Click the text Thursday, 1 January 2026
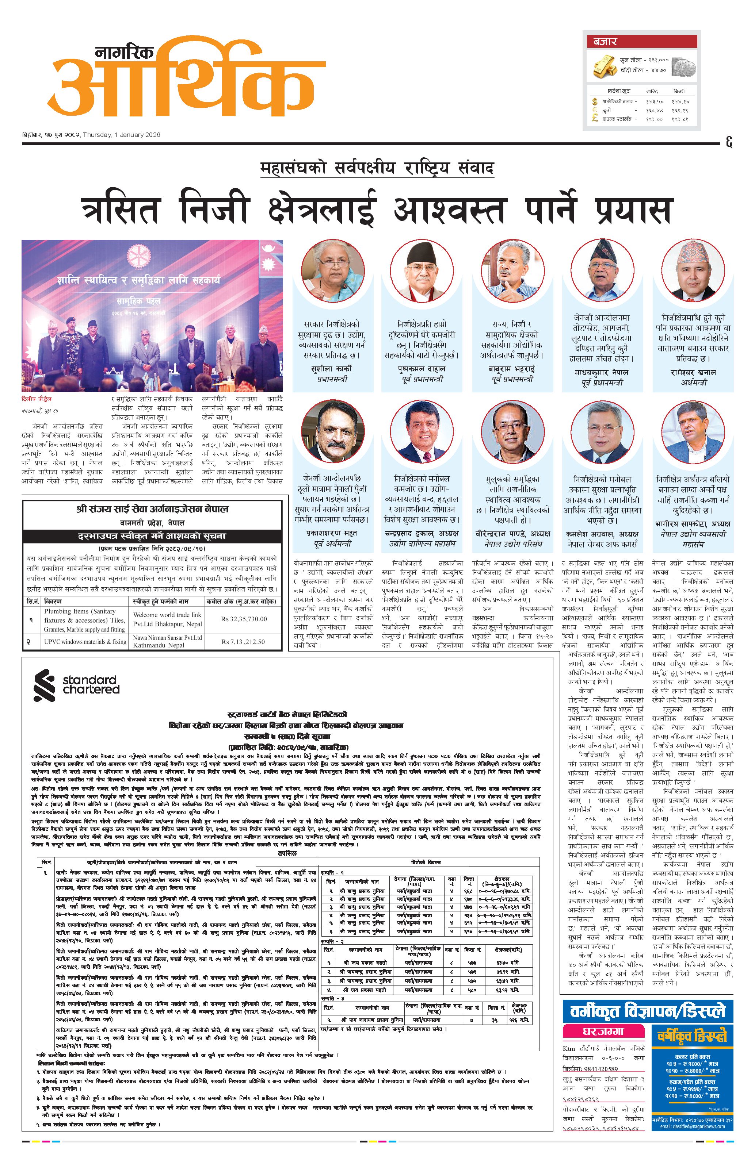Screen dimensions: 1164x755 click(x=122, y=135)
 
